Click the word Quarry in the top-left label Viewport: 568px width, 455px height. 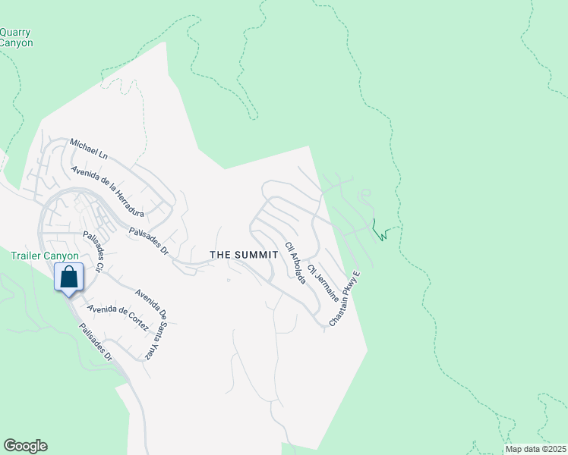point(15,32)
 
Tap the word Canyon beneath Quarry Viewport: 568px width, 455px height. point(16,43)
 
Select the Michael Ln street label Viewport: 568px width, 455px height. point(89,148)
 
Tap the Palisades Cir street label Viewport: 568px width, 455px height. point(94,253)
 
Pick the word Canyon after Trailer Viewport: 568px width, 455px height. point(61,256)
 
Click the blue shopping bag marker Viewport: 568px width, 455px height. point(68,278)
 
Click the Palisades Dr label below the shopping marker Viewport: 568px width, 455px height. point(97,343)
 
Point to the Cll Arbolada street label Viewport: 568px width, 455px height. point(295,263)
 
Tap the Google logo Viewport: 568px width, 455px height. point(25,446)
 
